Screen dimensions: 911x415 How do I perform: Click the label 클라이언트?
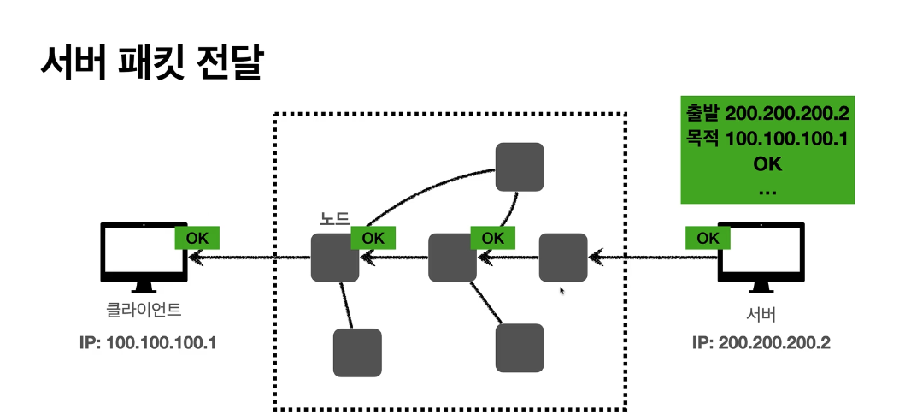pyautogui.click(x=144, y=310)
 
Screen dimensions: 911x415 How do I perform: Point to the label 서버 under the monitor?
pyautogui.click(x=761, y=315)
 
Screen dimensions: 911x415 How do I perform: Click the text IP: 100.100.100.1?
pyautogui.click(x=148, y=343)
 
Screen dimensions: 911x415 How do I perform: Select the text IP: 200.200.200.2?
pyautogui.click(x=761, y=343)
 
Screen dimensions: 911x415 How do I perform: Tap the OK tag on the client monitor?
pyautogui.click(x=197, y=238)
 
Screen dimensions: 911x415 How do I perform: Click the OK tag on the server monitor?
pyautogui.click(x=708, y=238)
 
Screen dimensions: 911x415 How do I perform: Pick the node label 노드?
pyautogui.click(x=335, y=219)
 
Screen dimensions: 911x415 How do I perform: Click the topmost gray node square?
pyautogui.click(x=520, y=167)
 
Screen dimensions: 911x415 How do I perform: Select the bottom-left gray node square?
pyautogui.click(x=357, y=353)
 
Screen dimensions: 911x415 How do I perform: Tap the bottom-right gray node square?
pyautogui.click(x=520, y=348)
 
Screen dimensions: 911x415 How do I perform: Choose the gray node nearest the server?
pyautogui.click(x=563, y=258)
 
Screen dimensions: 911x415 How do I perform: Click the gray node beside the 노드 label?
pyautogui.click(x=335, y=258)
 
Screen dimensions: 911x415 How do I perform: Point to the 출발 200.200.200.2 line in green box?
pyautogui.click(x=767, y=113)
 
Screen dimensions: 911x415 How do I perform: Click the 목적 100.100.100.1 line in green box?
pyautogui.click(x=767, y=139)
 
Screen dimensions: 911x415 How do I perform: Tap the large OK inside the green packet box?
pyautogui.click(x=767, y=164)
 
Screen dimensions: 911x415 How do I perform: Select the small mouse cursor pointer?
pyautogui.click(x=561, y=290)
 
